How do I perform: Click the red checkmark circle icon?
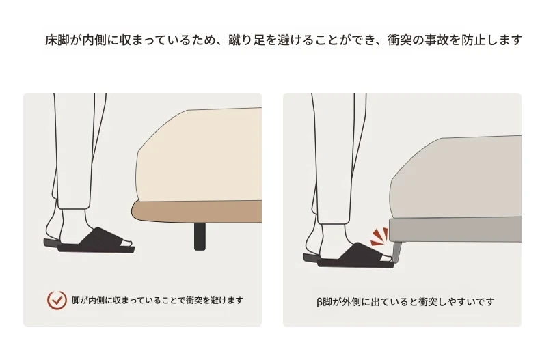57,300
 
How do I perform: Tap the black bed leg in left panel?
200,236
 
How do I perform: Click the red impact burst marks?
379,237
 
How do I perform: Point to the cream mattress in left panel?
200,155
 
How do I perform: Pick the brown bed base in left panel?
197,212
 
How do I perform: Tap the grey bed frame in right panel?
455,230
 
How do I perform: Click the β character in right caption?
320,302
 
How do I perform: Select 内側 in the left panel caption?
96,301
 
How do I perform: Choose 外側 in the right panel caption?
351,302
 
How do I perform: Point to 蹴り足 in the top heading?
247,40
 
